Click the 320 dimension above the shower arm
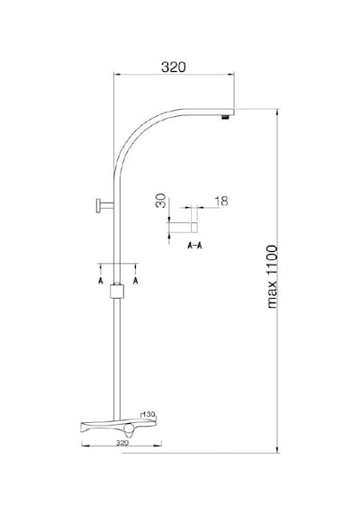point(174,67)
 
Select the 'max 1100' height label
point(273,276)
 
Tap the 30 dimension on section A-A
point(161,201)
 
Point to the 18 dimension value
point(221,201)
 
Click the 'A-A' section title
point(194,246)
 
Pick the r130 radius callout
point(148,415)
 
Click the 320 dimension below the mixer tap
point(122,443)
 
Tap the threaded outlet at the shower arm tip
point(225,117)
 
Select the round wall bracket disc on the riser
point(98,206)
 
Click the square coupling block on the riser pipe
point(117,292)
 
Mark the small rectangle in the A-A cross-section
point(194,227)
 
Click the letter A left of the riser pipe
point(101,281)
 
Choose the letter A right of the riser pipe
point(136,281)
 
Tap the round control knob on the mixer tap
point(130,427)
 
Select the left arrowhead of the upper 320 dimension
point(117,75)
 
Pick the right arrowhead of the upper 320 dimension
point(230,75)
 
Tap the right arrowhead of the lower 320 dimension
point(157,445)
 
